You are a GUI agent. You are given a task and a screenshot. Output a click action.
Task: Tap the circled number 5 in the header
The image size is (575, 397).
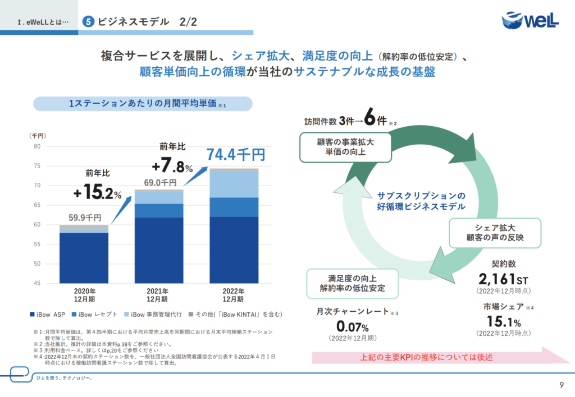[x=88, y=22]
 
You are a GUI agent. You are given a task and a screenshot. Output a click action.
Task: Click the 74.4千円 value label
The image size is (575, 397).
[x=235, y=154]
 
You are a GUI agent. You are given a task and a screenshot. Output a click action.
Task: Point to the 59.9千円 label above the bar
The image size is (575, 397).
[x=85, y=218]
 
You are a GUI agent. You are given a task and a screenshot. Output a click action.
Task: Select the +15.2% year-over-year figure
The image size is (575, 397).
[x=97, y=193]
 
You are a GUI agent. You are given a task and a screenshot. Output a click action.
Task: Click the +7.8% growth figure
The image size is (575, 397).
[x=172, y=166]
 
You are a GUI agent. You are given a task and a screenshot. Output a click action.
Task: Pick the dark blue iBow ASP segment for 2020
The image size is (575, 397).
[x=84, y=258]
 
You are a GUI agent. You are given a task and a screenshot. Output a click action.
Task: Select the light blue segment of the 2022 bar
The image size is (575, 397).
[x=234, y=184]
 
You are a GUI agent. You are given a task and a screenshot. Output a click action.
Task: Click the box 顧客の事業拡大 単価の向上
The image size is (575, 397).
[x=345, y=147]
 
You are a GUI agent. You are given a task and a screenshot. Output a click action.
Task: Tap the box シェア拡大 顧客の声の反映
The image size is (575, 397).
[x=494, y=233]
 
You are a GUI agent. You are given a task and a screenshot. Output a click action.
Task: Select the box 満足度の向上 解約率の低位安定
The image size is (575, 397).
[x=353, y=283]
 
